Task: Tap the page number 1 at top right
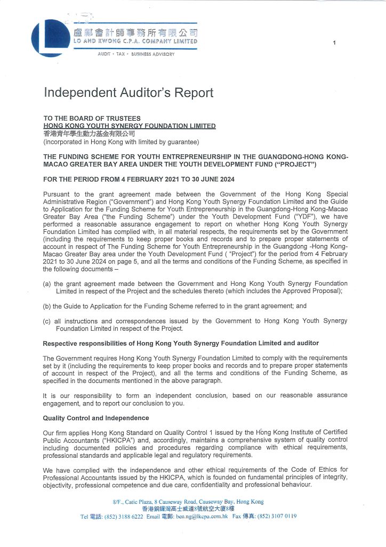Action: click(x=334, y=42)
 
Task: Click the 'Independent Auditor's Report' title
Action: click(x=128, y=93)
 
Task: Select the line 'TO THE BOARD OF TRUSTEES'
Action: click(x=92, y=119)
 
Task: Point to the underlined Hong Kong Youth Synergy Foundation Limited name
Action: click(x=129, y=126)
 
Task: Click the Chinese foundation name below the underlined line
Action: click(x=89, y=134)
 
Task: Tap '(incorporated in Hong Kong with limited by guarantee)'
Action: click(x=121, y=142)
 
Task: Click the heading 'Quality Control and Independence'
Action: click(x=96, y=418)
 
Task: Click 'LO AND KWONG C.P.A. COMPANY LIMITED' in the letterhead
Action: click(x=135, y=41)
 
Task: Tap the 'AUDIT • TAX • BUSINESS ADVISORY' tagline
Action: click(x=136, y=54)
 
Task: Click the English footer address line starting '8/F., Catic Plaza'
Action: click(x=188, y=502)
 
